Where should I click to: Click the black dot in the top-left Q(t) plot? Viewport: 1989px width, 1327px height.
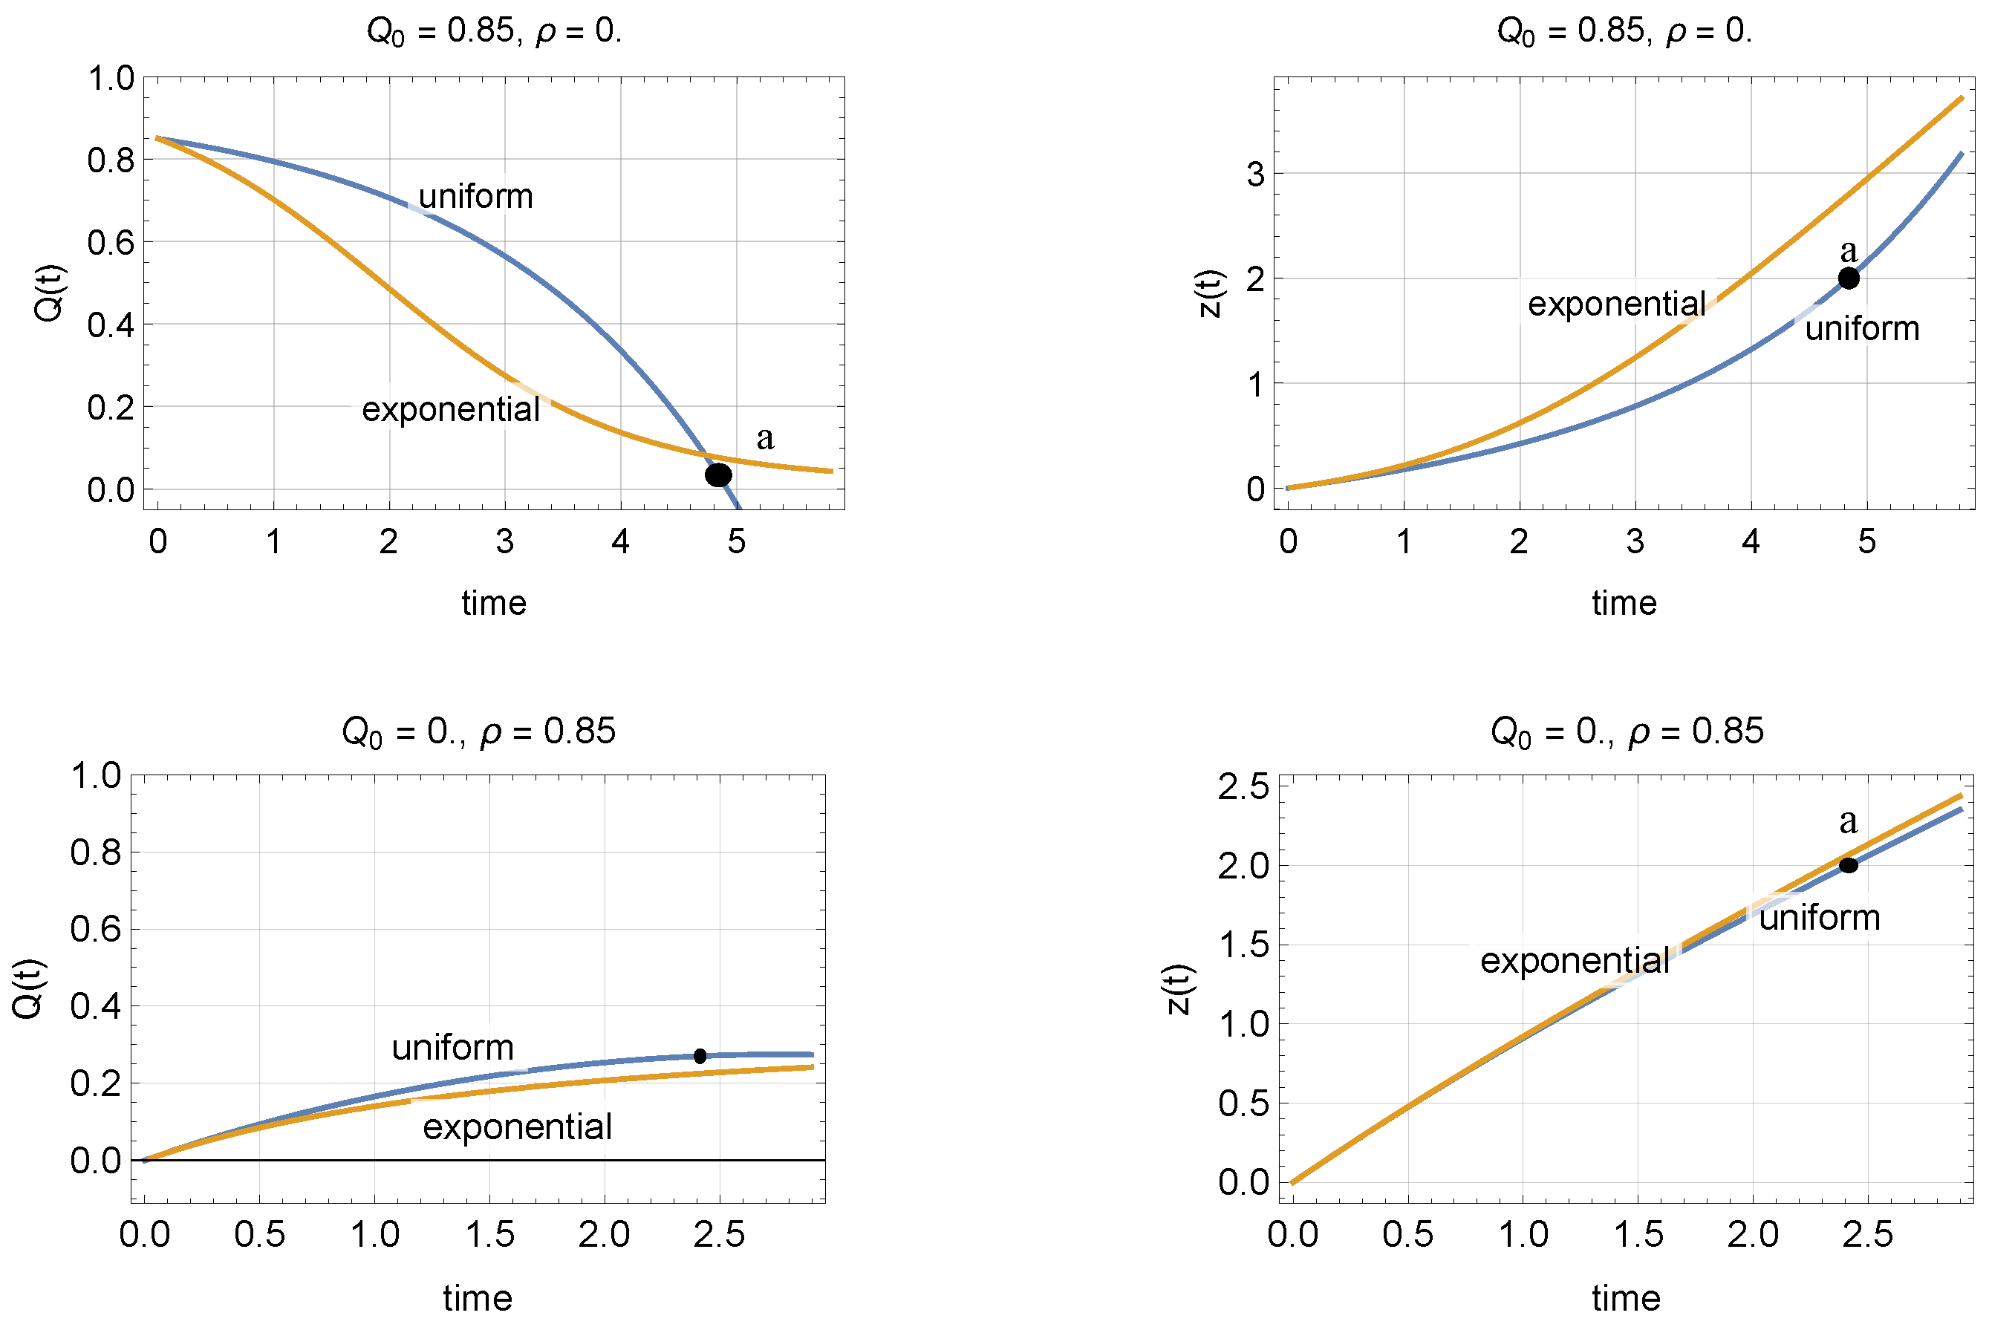tap(717, 475)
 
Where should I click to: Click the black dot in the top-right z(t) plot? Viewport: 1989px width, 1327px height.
tap(1849, 278)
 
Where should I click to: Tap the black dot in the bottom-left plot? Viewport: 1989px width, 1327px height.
tap(700, 1056)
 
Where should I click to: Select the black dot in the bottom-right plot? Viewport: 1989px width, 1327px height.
tap(1849, 865)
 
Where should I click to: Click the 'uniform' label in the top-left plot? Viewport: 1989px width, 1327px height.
tap(475, 196)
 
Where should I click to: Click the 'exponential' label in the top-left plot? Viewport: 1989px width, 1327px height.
tap(450, 410)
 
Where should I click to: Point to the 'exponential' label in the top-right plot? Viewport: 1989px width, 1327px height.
tap(1617, 304)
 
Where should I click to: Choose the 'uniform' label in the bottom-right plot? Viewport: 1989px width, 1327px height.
tap(1820, 917)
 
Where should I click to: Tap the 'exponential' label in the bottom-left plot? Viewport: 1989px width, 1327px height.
tap(517, 1127)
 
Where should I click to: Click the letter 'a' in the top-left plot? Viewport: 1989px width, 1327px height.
tap(765, 438)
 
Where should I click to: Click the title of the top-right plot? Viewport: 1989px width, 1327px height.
tap(1624, 31)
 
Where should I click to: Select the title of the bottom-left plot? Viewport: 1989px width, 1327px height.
tap(478, 731)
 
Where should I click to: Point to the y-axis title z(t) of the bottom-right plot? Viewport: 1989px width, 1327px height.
tap(1178, 988)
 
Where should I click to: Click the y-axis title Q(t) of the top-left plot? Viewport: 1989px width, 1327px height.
tap(49, 293)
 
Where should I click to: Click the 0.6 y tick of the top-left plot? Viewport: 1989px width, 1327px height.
tap(110, 243)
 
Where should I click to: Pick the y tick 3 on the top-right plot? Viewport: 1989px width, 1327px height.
tap(1255, 175)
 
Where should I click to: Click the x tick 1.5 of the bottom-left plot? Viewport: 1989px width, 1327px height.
tap(489, 1235)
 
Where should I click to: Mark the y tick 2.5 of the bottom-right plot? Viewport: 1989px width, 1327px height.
tap(1243, 787)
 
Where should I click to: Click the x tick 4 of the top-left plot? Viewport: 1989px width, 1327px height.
tap(620, 541)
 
